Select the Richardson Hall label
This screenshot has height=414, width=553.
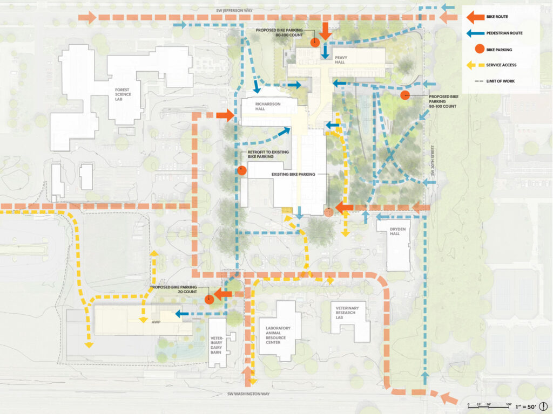[x=268, y=107]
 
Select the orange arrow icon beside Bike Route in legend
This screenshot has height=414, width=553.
[x=475, y=17]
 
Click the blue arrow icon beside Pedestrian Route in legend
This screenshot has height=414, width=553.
[x=475, y=33]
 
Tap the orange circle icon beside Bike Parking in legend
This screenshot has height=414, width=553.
[x=475, y=49]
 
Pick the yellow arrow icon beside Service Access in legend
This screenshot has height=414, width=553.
[x=475, y=65]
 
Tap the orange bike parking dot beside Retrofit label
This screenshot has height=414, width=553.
[x=241, y=170]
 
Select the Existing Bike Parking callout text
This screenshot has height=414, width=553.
[x=292, y=175]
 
